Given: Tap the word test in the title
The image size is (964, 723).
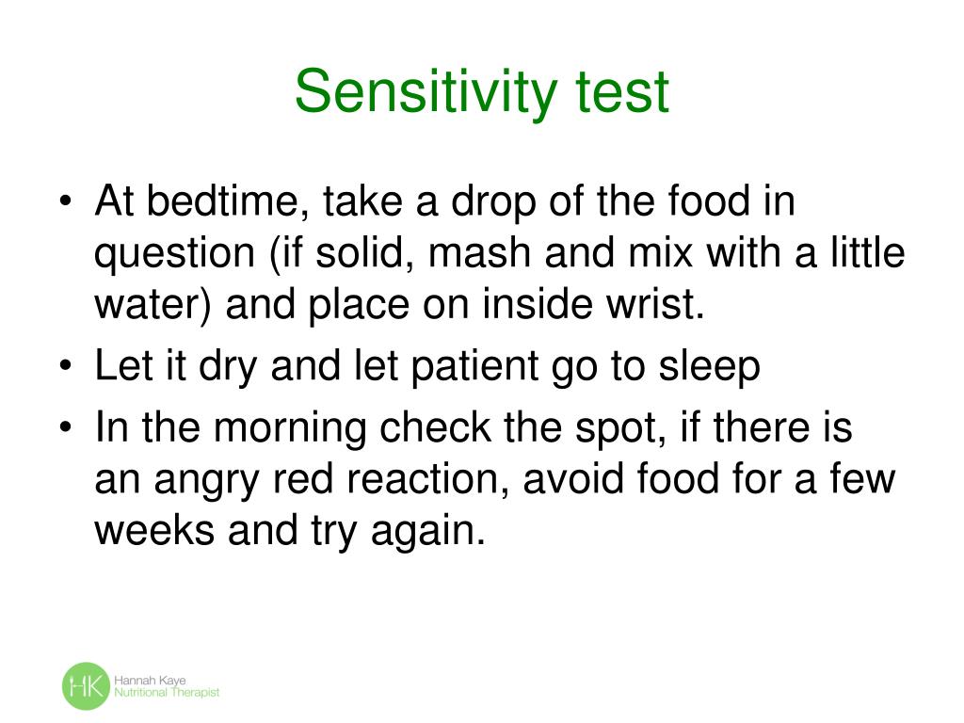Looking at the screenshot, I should (621, 92).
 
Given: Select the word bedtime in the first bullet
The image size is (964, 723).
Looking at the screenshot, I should (225, 201).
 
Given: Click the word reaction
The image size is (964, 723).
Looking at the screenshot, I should (409, 481).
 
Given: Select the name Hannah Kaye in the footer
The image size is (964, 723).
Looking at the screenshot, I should (147, 680).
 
